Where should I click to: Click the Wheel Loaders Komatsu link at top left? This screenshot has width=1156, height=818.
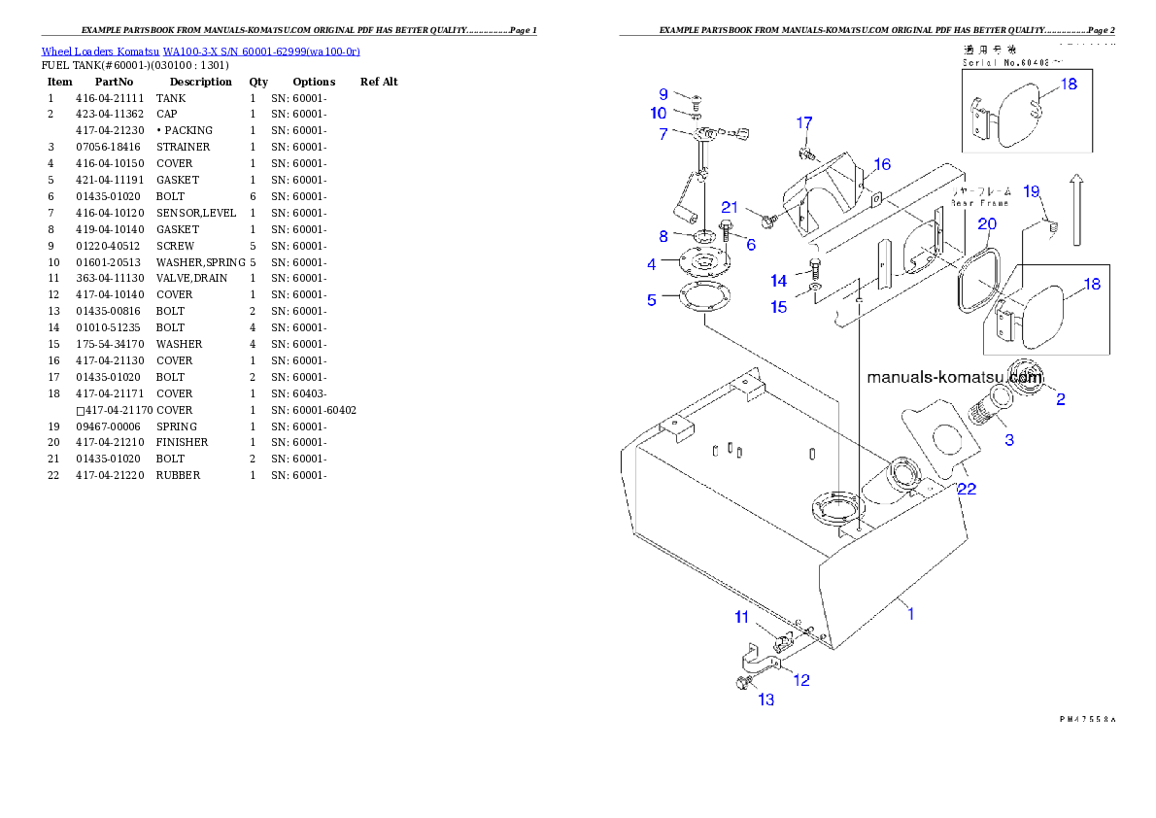coord(200,51)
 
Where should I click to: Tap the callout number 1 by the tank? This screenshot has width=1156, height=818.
coord(910,613)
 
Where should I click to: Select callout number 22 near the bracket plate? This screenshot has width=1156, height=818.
coord(966,489)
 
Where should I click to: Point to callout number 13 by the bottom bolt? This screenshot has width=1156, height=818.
coord(765,699)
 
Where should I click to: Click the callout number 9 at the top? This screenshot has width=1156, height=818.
coord(663,94)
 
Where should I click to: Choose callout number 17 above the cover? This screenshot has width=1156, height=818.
coord(804,122)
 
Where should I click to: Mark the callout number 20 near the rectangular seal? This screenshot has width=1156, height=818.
coord(986,223)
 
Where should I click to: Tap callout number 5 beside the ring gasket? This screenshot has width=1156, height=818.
coord(652,300)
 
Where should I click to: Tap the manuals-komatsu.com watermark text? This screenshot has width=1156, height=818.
coord(954,377)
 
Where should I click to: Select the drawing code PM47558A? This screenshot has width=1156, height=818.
coord(1087,720)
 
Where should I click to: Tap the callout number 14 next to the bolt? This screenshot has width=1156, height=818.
coord(779,281)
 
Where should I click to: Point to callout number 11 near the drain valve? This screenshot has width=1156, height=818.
coord(741,617)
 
